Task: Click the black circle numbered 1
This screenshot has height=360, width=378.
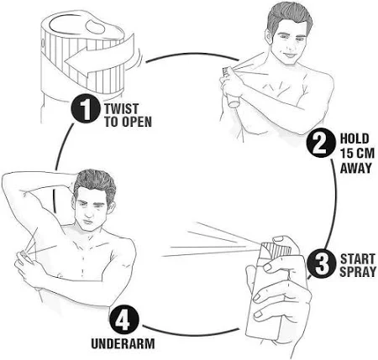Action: click(86, 109)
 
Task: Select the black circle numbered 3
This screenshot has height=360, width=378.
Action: click(322, 264)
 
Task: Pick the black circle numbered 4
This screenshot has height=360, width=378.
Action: click(124, 321)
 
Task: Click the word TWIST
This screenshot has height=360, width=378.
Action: click(122, 108)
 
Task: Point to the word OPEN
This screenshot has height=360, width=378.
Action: click(137, 122)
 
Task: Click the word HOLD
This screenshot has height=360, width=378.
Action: click(354, 138)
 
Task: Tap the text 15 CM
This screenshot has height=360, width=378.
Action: click(357, 154)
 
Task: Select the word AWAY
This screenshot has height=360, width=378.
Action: click(356, 168)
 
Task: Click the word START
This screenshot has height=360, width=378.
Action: click(358, 258)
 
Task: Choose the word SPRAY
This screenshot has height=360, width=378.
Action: click(358, 272)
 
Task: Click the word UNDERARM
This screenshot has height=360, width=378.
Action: click(123, 343)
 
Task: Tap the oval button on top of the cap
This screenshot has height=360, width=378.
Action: click(95, 26)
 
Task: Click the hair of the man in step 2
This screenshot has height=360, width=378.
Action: click(288, 17)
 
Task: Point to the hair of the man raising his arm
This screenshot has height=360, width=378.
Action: click(95, 182)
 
